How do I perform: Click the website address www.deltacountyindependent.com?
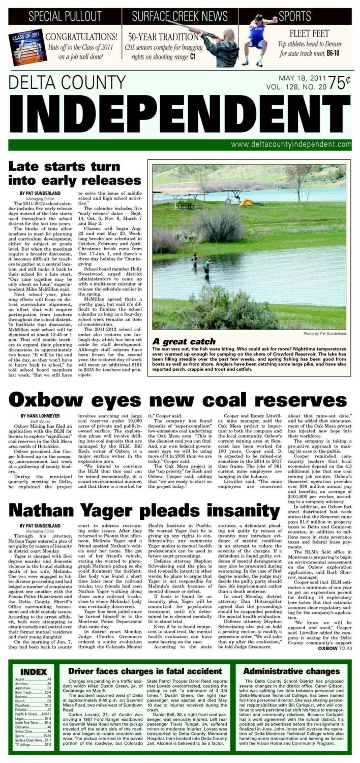pos(291,144)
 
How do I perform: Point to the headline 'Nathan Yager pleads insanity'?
pos(145,510)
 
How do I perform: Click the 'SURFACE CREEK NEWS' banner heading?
pos(179,16)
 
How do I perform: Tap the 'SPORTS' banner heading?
pos(295,16)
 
